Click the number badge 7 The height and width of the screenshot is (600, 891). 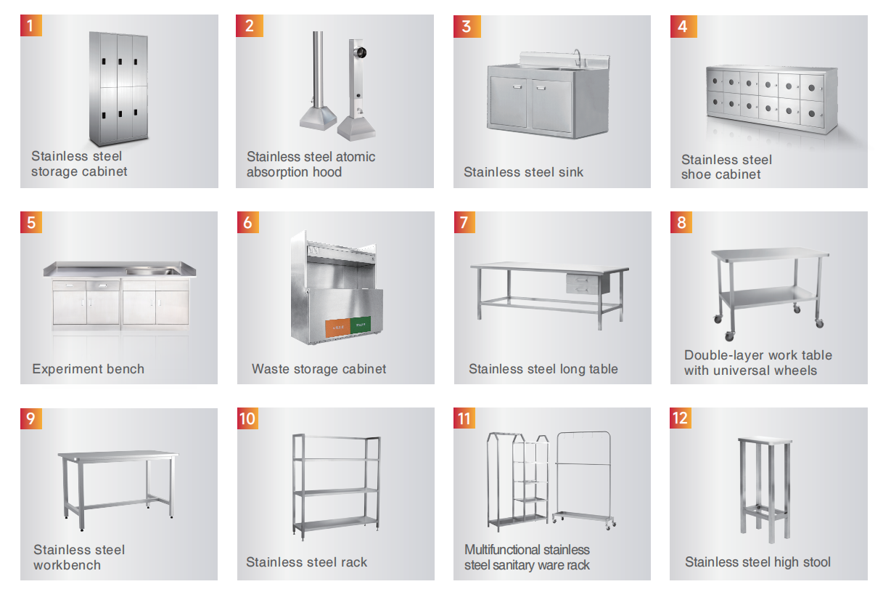(464, 222)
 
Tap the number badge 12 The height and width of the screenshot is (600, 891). (680, 418)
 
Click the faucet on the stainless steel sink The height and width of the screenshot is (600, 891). (578, 57)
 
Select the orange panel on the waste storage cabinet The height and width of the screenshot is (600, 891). (337, 328)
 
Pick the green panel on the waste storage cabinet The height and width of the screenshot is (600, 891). (361, 325)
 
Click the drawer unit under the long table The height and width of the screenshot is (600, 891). (584, 283)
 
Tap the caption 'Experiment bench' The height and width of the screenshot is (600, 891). (89, 369)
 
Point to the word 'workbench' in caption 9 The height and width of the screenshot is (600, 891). (67, 565)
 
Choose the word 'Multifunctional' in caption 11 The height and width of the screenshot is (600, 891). (501, 550)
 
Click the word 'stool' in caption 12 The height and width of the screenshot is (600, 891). (816, 562)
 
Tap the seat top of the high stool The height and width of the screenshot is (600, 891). (765, 440)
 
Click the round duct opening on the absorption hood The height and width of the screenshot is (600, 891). (361, 52)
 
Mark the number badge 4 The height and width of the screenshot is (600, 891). (683, 26)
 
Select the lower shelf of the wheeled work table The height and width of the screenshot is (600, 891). (768, 297)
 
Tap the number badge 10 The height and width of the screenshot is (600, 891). (247, 418)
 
